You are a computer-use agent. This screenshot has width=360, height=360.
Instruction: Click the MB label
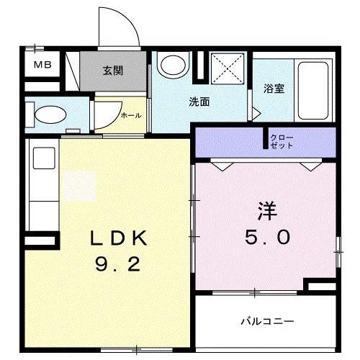[35, 66]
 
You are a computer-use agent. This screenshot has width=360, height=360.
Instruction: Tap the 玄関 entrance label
[112, 71]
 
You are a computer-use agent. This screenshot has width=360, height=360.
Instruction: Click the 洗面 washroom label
[199, 102]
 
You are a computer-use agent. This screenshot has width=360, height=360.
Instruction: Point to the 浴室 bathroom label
[274, 89]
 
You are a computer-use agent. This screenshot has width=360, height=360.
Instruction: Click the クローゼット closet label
[282, 141]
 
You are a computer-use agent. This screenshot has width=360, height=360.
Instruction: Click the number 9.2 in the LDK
[114, 265]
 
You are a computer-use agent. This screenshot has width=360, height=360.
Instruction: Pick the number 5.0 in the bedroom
[266, 238]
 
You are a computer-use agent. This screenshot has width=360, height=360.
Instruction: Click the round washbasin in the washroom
[172, 66]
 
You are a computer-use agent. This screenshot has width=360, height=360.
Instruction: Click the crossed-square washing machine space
[224, 71]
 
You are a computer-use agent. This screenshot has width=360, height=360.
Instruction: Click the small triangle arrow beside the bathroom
[254, 112]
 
